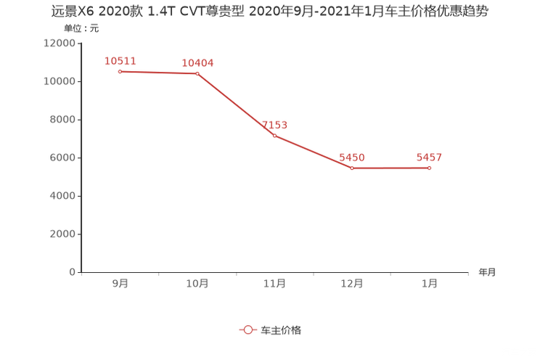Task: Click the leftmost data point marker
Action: pos(120,71)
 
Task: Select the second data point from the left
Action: pos(197,73)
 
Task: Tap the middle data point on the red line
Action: pos(274,136)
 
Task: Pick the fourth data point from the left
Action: pos(352,168)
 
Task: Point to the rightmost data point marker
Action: pos(430,168)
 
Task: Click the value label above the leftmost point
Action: pos(120,60)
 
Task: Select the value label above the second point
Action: pos(197,63)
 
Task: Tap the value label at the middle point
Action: pos(276,125)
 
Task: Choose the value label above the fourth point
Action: pos(353,157)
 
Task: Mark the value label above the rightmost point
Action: pos(430,157)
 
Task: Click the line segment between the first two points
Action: pos(158,73)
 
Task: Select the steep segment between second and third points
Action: pos(235,105)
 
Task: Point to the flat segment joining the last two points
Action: pos(390,168)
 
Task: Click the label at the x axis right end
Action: pos(487,273)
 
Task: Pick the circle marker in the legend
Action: pos(248,330)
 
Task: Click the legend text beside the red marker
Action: pos(281,330)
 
